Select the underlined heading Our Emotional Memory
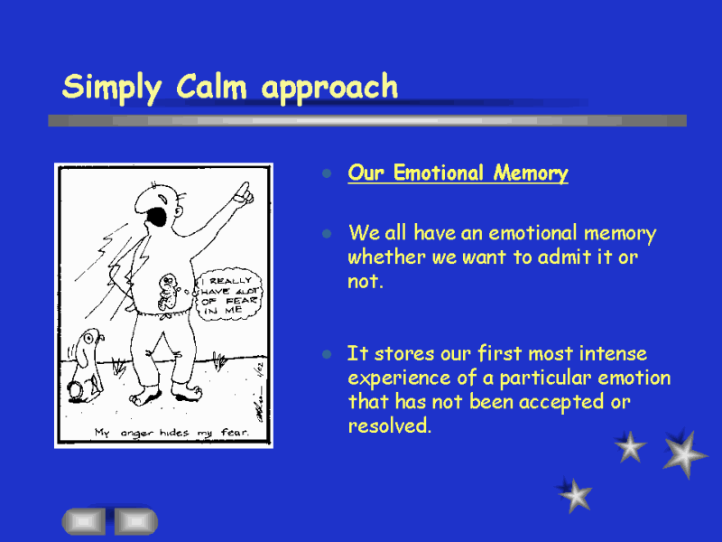click(458, 173)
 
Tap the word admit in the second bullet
click(565, 257)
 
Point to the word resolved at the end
click(390, 425)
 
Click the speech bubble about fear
click(229, 294)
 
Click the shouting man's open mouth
click(157, 217)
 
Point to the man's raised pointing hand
click(243, 193)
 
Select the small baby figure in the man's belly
click(168, 292)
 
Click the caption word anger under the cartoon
click(136, 434)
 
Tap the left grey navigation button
click(83, 521)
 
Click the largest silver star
click(685, 454)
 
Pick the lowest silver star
click(575, 495)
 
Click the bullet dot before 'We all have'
click(327, 234)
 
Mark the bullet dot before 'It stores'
click(327, 354)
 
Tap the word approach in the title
click(329, 88)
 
